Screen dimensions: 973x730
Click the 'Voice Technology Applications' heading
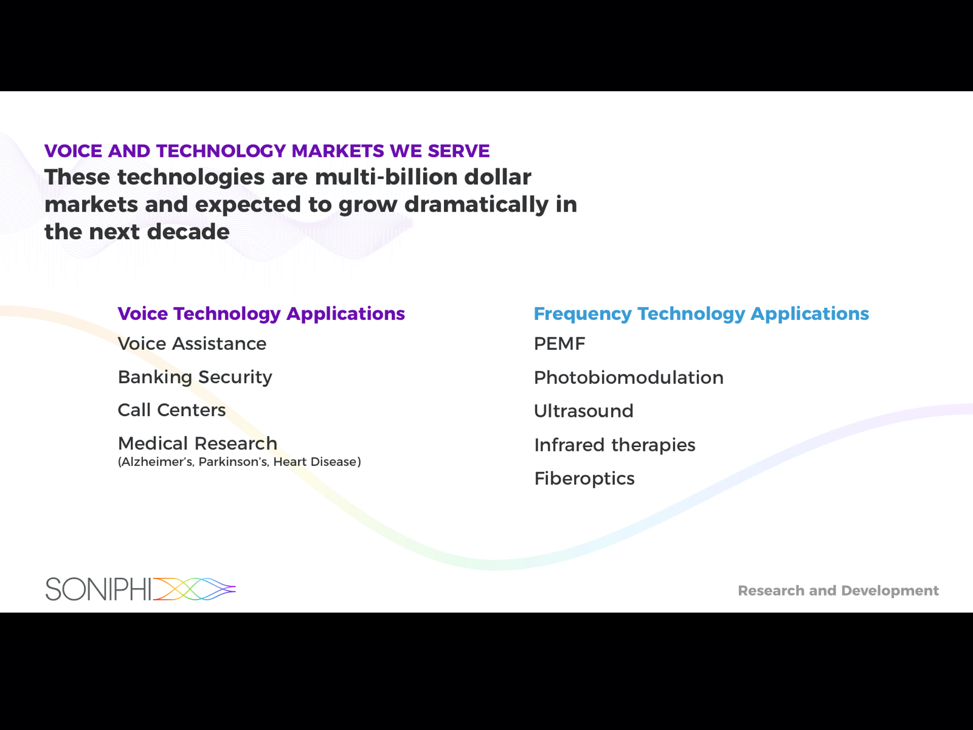click(261, 314)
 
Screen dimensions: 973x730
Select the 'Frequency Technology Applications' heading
click(701, 314)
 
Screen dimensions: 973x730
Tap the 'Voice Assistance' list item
click(192, 344)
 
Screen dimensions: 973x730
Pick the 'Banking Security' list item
click(195, 377)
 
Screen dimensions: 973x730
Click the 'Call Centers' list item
click(171, 410)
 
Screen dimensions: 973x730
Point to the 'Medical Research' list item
click(197, 443)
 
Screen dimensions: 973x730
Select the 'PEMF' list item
click(559, 344)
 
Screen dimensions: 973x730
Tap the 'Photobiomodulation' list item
click(629, 378)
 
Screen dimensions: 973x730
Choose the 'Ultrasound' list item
click(583, 411)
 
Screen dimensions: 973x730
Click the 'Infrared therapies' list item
click(615, 445)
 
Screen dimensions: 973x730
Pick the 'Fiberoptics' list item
click(584, 479)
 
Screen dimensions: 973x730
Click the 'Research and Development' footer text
click(838, 590)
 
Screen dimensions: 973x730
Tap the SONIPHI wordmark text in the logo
click(99, 589)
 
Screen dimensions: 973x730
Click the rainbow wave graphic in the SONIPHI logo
click(194, 589)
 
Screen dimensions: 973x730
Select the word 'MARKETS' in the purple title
click(338, 151)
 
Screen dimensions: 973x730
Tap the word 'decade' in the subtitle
click(188, 232)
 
